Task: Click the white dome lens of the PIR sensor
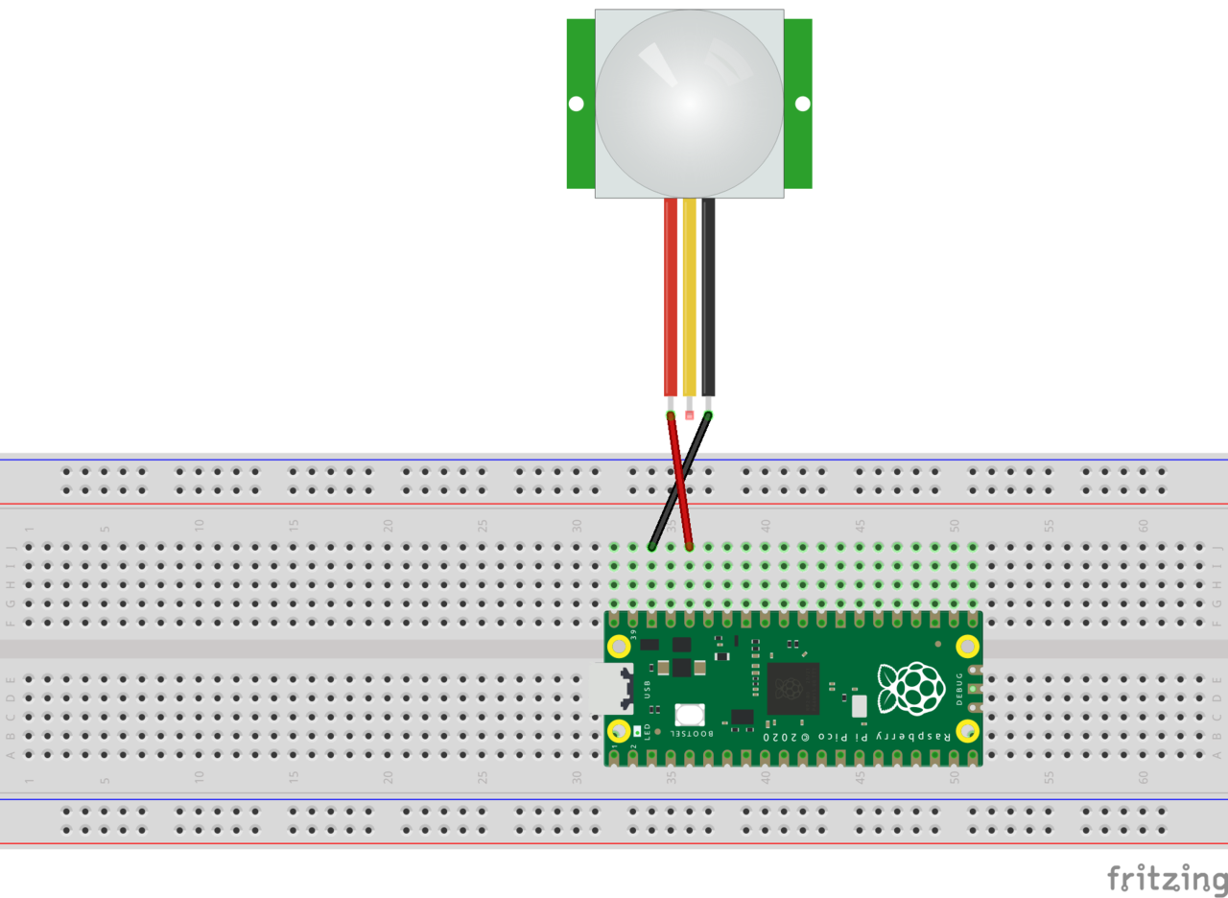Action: (690, 104)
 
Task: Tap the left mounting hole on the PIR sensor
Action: (576, 104)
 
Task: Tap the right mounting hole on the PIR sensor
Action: (803, 104)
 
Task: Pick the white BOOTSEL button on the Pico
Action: (690, 714)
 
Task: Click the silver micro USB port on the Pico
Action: (611, 689)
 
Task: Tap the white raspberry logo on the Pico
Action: (910, 688)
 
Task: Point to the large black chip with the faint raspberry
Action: (792, 688)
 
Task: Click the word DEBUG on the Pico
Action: (959, 689)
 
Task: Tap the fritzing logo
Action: (1167, 878)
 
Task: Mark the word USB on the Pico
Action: (648, 689)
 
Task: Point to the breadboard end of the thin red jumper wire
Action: (690, 547)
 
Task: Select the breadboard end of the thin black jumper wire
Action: (651, 547)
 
